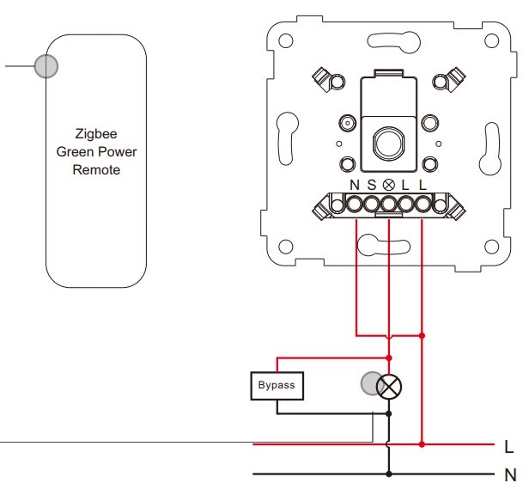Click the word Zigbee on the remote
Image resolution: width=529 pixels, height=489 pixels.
pyautogui.click(x=96, y=134)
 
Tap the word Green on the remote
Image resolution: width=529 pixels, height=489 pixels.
pyautogui.click(x=76, y=152)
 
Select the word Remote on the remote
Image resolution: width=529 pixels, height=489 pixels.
pyautogui.click(x=96, y=170)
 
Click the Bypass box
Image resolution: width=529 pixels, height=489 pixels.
pyautogui.click(x=277, y=386)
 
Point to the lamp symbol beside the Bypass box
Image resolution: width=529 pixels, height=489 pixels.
pyautogui.click(x=389, y=387)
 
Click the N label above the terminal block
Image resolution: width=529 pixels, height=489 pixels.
pyautogui.click(x=354, y=185)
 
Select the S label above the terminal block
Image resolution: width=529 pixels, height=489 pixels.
pyautogui.click(x=372, y=185)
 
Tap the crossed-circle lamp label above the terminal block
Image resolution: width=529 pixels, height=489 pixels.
pyautogui.click(x=389, y=185)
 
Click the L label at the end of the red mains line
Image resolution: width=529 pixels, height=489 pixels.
pyautogui.click(x=508, y=447)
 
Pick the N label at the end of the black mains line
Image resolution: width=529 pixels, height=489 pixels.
pyautogui.click(x=510, y=475)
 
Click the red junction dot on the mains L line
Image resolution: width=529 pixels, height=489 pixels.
pyautogui.click(x=422, y=444)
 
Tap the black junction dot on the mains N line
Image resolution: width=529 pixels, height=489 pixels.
pyautogui.click(x=389, y=474)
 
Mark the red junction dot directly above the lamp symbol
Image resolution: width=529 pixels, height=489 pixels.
pyautogui.click(x=389, y=358)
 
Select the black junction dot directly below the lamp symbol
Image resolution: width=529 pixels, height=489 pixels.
pyautogui.click(x=389, y=413)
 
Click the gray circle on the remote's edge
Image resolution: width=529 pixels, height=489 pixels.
pyautogui.click(x=46, y=66)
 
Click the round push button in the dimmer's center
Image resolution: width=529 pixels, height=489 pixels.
pyautogui.click(x=389, y=144)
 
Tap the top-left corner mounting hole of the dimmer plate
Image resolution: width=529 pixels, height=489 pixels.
pyautogui.click(x=286, y=40)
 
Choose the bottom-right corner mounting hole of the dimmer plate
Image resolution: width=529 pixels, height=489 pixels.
pyautogui.click(x=491, y=247)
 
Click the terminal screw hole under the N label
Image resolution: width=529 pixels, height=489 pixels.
pyautogui.click(x=354, y=205)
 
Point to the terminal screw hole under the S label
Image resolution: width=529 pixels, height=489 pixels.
pyautogui.click(x=372, y=205)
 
